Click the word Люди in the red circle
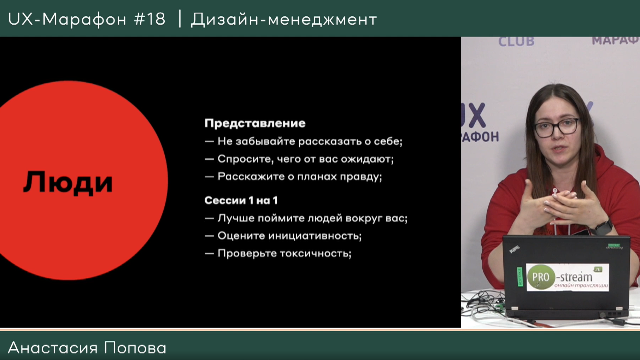(x=68, y=182)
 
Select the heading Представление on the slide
(x=255, y=123)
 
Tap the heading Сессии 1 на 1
(x=241, y=200)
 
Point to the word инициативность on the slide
(x=315, y=236)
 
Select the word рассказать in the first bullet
(x=329, y=141)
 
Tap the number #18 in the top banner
(x=150, y=19)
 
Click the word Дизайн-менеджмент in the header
(x=284, y=19)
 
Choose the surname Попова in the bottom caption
(x=135, y=348)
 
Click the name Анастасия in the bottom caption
(x=53, y=348)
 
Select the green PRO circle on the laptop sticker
(x=541, y=277)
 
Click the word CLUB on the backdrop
(x=516, y=42)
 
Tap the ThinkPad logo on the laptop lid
(x=514, y=249)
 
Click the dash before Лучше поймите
(x=209, y=219)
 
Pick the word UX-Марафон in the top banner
(x=67, y=19)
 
